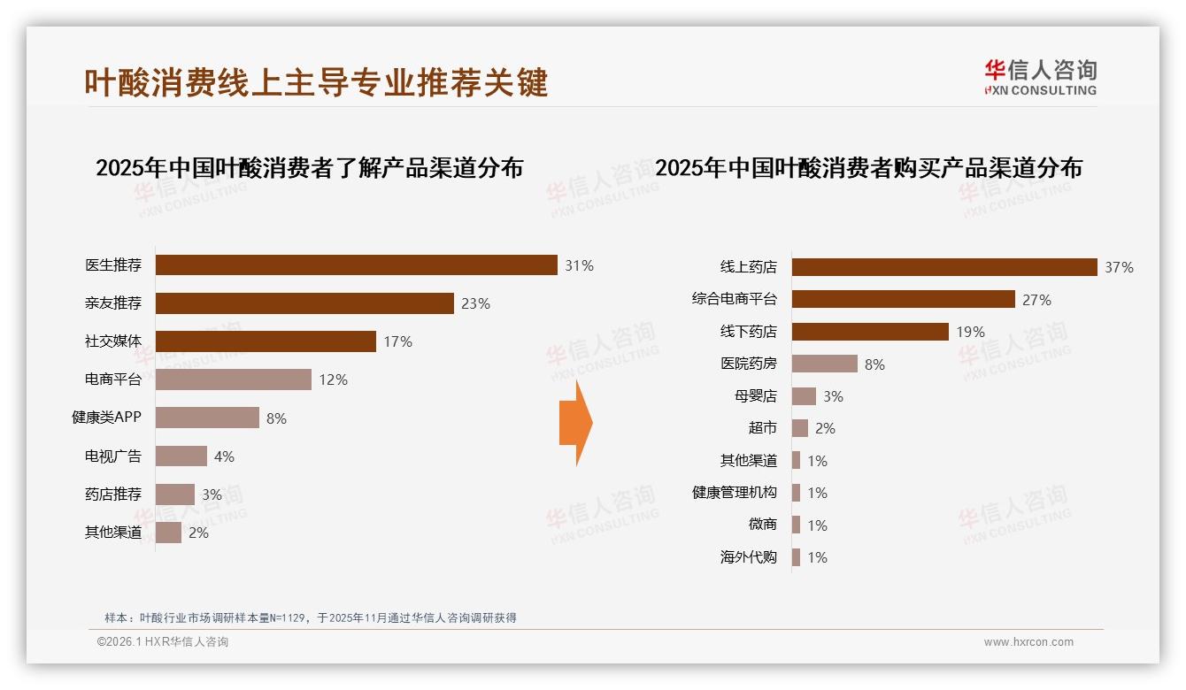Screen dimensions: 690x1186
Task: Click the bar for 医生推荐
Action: [356, 265]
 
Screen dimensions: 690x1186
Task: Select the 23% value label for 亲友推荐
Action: [475, 303]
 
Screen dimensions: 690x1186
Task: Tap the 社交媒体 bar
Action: [266, 341]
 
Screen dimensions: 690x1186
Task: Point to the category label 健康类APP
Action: [106, 418]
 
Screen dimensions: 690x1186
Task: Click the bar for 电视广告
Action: [181, 456]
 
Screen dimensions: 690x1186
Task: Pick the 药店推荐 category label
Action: [112, 494]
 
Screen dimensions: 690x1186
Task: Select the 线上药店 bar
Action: [944, 267]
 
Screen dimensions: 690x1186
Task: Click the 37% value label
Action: [1119, 267]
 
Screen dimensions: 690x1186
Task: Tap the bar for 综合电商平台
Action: [903, 300]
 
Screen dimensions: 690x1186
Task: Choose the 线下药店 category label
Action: [748, 332]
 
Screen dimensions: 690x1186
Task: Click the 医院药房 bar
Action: [824, 364]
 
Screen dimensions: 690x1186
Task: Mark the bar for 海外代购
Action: [797, 557]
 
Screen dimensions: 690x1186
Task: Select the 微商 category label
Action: [762, 525]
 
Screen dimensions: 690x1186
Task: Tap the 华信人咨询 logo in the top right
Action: [1040, 77]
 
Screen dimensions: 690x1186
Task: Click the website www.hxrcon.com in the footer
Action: [1028, 642]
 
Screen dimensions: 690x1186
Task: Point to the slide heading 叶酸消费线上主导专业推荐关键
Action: [316, 82]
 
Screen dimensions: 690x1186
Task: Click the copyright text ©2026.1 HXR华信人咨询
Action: [163, 642]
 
